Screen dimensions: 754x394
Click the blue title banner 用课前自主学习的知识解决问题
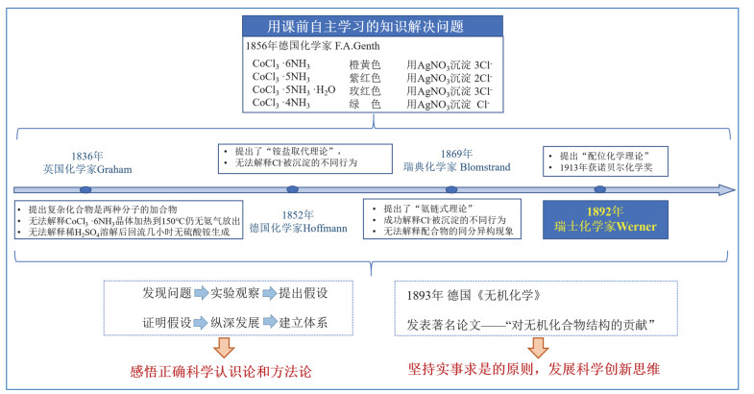tap(373, 26)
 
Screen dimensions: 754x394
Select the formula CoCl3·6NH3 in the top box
tap(281, 64)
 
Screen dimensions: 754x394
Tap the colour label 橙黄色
tap(365, 64)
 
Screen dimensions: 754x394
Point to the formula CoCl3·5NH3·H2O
tap(294, 90)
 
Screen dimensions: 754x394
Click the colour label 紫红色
tap(365, 78)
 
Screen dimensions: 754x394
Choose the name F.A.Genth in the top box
tap(357, 46)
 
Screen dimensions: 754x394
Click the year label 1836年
tap(87, 157)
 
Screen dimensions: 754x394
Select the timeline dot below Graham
tap(85, 190)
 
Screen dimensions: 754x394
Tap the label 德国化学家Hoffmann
tap(298, 228)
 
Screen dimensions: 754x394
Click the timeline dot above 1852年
tap(292, 189)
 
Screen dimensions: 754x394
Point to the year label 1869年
tap(457, 154)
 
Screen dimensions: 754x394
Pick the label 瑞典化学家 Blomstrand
tap(457, 167)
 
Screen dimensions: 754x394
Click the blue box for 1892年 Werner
tap(605, 219)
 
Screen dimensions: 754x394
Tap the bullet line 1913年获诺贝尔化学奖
tap(606, 167)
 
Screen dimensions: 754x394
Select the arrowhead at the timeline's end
tap(726, 190)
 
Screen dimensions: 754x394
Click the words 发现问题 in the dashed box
tap(167, 293)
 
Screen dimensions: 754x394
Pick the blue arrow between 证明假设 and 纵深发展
tap(201, 322)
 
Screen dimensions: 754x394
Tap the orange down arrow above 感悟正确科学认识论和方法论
tap(224, 347)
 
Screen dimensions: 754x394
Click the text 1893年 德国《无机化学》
tap(474, 295)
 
